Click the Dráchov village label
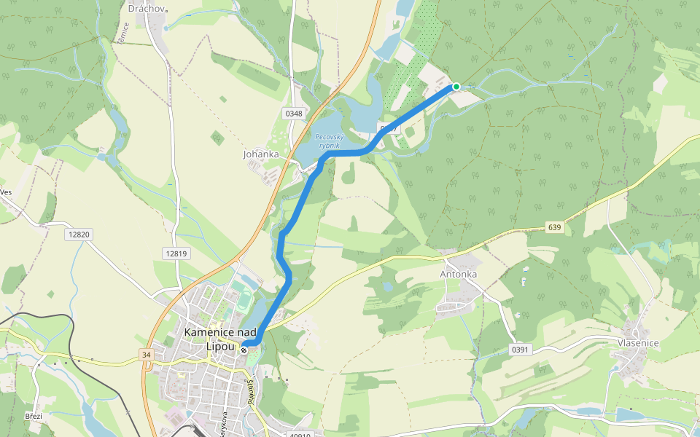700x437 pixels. pyautogui.click(x=147, y=9)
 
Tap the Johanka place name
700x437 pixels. pyautogui.click(x=261, y=154)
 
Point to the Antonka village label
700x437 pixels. pyautogui.click(x=459, y=275)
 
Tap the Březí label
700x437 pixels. pyautogui.click(x=34, y=416)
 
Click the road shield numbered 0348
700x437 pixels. pyautogui.click(x=294, y=114)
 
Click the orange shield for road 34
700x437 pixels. pyautogui.click(x=146, y=355)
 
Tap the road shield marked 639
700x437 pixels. pyautogui.click(x=555, y=228)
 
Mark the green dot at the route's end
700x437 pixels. pyautogui.click(x=456, y=87)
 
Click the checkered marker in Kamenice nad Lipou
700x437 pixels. pyautogui.click(x=244, y=350)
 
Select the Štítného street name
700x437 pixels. pyautogui.click(x=251, y=393)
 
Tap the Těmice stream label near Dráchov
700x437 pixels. pyautogui.click(x=123, y=34)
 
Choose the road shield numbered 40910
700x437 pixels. pyautogui.click(x=299, y=435)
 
